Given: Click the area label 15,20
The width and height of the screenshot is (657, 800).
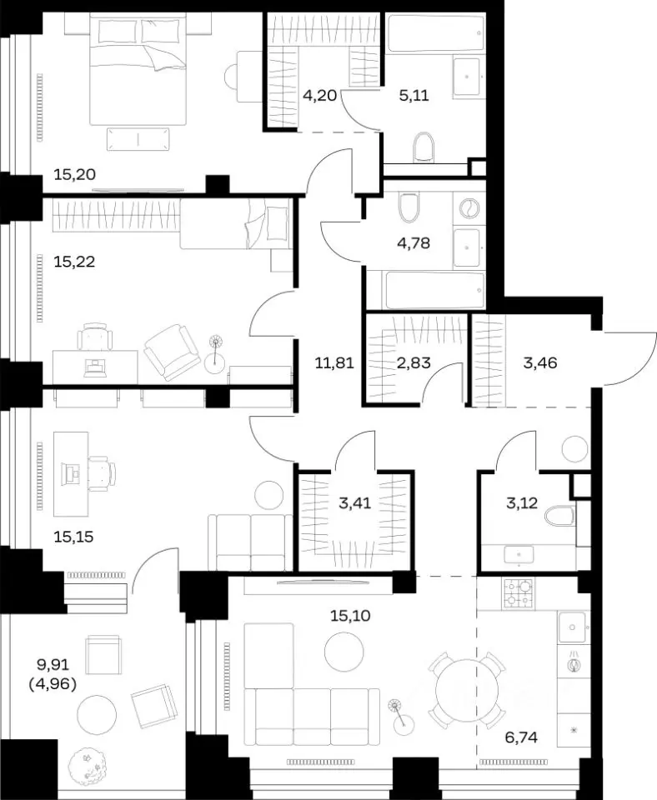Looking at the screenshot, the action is (74, 174).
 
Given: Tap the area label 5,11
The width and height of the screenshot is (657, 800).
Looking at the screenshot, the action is (414, 95).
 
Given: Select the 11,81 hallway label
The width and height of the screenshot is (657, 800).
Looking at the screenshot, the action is (334, 363).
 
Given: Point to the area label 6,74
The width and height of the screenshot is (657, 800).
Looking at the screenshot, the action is (520, 737).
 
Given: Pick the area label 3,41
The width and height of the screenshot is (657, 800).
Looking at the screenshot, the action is (355, 503).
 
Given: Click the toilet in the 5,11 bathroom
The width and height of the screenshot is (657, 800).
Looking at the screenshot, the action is (424, 147).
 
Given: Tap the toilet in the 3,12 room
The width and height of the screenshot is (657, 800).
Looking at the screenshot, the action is (559, 516).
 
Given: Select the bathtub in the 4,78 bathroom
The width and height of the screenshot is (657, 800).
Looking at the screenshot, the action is (434, 290).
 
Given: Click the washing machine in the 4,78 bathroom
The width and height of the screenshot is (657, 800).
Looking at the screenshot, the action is (469, 209).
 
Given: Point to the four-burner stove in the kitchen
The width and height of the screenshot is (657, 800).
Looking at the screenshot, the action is (518, 593).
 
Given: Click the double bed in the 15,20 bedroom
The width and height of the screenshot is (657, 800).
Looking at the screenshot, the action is (138, 68).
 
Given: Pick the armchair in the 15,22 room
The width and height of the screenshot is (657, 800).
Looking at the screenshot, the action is (172, 352).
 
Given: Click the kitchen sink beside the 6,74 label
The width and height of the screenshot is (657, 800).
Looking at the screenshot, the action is (574, 627).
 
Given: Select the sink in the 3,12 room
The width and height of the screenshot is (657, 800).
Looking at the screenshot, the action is (519, 554).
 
